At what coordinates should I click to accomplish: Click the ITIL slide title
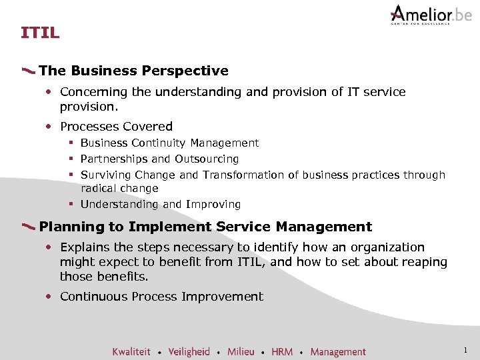(40, 32)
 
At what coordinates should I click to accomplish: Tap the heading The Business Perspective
(133, 71)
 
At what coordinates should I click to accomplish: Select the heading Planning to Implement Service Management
(205, 227)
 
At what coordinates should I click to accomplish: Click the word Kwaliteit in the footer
(131, 351)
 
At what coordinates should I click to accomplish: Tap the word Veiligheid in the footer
(189, 351)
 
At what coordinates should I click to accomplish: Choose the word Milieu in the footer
(241, 351)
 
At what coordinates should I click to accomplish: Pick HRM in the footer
(282, 351)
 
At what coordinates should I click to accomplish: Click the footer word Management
(338, 351)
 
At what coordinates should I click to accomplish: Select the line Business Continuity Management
(169, 143)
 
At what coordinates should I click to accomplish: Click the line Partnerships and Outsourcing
(159, 159)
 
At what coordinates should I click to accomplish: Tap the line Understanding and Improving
(160, 204)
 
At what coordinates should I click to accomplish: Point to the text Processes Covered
(116, 126)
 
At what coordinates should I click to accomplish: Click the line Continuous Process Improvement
(161, 297)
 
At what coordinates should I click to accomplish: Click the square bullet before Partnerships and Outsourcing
(69, 159)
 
